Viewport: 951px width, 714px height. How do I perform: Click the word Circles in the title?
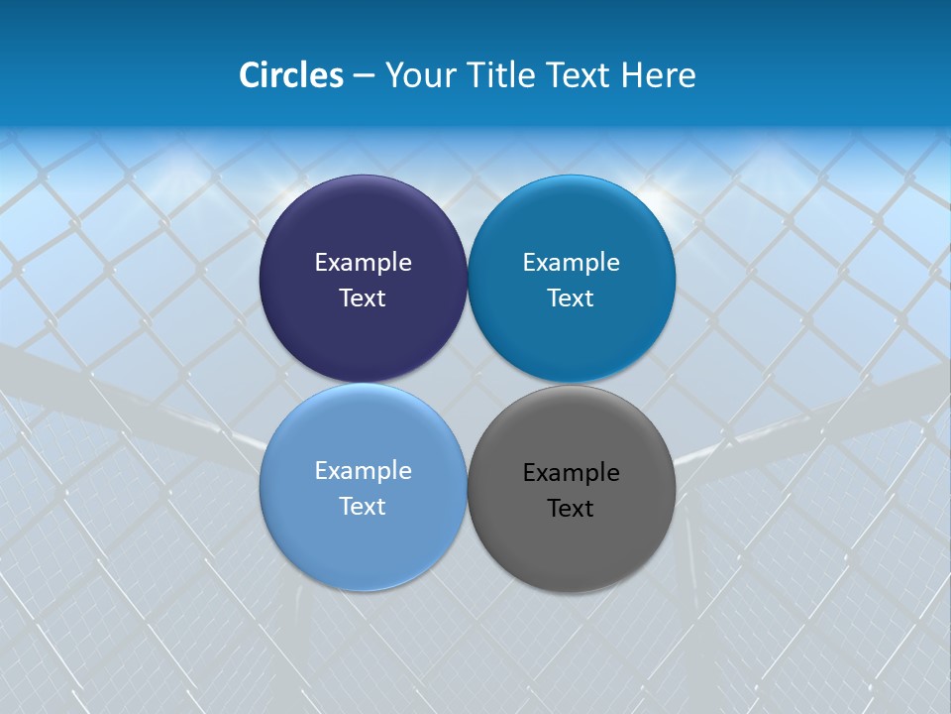tap(290, 75)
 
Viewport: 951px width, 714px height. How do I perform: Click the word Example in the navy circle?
tap(363, 263)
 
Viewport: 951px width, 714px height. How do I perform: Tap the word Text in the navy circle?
tap(363, 298)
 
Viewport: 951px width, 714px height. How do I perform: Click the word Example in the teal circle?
tap(571, 263)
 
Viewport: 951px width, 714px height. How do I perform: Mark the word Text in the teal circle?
tap(571, 298)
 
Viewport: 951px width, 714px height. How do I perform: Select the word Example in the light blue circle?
tap(363, 471)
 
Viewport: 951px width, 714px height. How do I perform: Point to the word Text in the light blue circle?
tap(363, 507)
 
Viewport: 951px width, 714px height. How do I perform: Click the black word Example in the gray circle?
tap(571, 473)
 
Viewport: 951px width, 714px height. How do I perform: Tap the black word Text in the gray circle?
tap(571, 509)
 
